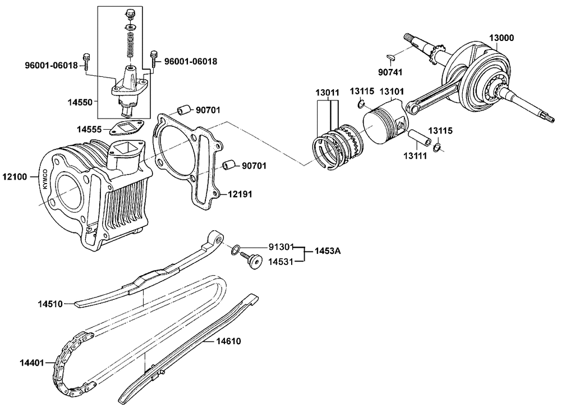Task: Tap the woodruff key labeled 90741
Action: pos(390,56)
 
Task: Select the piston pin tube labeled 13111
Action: pos(419,138)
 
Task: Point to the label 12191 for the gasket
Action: pos(240,194)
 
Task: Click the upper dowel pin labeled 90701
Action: pos(183,110)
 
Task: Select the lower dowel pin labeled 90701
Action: pos(229,165)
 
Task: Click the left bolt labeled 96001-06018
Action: pos(86,62)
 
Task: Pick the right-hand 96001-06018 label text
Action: pos(191,62)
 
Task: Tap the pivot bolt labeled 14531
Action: pos(251,261)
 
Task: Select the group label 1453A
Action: pos(328,251)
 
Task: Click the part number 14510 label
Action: pos(50,304)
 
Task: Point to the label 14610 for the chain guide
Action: pos(228,341)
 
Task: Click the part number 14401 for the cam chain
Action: pos(31,363)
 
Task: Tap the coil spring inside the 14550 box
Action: pos(131,45)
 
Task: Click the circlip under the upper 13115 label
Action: pos(361,104)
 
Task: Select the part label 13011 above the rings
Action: pos(327,93)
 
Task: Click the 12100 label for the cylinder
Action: pos(15,176)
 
